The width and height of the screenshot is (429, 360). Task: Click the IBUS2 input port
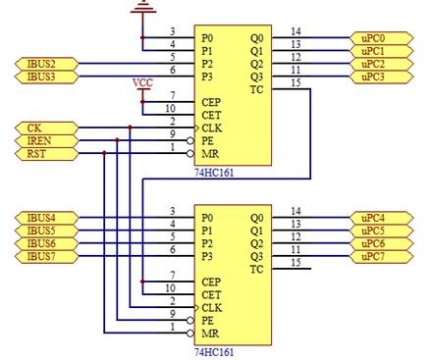(47, 64)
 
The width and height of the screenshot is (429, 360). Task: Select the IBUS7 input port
(47, 257)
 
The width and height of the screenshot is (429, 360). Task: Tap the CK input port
(47, 128)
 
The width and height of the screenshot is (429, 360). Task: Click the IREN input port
(47, 141)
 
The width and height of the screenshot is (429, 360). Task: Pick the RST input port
(47, 154)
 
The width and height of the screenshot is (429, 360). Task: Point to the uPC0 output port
(382, 38)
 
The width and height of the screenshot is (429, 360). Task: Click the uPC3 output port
(382, 77)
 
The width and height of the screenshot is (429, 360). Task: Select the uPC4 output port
(382, 218)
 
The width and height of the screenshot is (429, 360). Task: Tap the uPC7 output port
(382, 257)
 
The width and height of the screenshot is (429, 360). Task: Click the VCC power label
(142, 83)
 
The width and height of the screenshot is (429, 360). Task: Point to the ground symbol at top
(143, 7)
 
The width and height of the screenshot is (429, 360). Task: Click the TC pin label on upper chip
(256, 89)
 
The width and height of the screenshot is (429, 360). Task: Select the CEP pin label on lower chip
(211, 282)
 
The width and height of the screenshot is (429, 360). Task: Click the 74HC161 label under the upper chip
(214, 173)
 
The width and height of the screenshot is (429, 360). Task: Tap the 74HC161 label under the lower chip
(214, 352)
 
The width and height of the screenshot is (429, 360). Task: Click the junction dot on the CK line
(130, 128)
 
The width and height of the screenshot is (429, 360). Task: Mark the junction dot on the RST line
(104, 153)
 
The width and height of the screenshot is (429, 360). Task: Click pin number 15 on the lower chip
(295, 263)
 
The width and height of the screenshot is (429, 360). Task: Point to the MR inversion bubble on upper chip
(190, 154)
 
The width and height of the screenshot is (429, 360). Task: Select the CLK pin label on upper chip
(212, 129)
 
